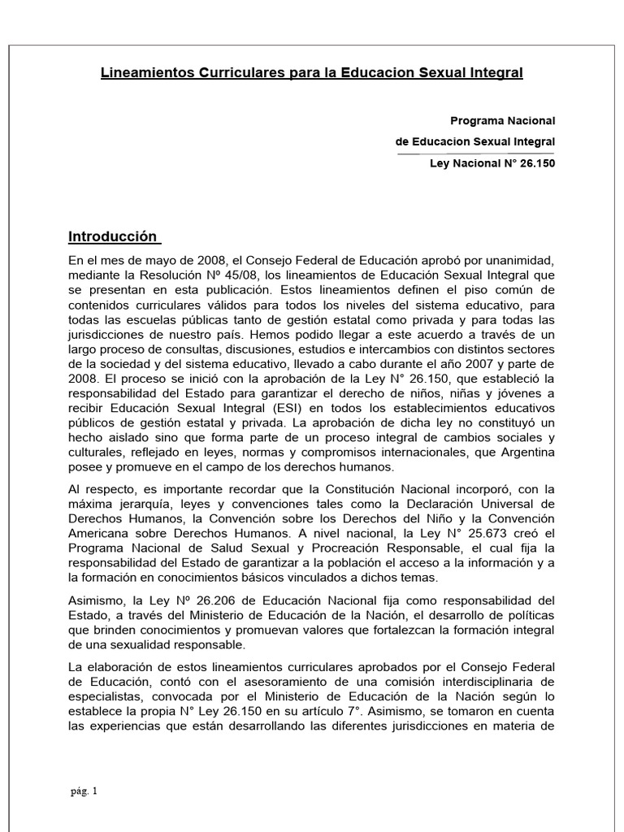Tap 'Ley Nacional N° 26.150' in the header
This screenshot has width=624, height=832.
coord(492,162)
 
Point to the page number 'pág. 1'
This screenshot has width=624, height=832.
coord(83,790)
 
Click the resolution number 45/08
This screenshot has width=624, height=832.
coord(241,274)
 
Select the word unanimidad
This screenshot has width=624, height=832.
coord(516,260)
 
